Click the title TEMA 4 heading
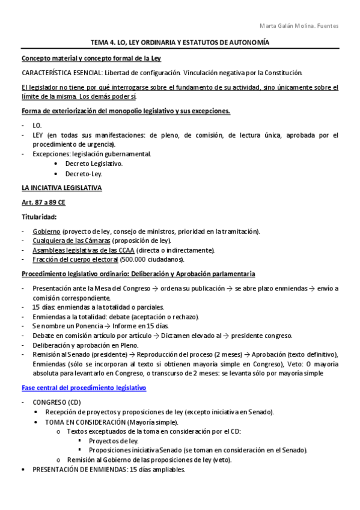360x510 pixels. pyautogui.click(x=180, y=43)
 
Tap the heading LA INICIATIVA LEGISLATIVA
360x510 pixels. pyautogui.click(x=61, y=188)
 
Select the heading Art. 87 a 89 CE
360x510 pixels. pyautogui.click(x=45, y=203)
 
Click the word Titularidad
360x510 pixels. pyautogui.click(x=40, y=216)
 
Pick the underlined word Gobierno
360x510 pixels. pyautogui.click(x=46, y=231)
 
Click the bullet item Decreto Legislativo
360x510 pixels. pyautogui.click(x=94, y=164)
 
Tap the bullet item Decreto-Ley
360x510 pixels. pyautogui.click(x=84, y=174)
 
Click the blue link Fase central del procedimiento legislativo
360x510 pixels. pyautogui.click(x=84, y=371)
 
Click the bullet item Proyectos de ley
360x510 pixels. pyautogui.click(x=114, y=441)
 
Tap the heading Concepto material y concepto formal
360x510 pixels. pyautogui.click(x=91, y=58)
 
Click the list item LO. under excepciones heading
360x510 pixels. pyautogui.click(x=37, y=125)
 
